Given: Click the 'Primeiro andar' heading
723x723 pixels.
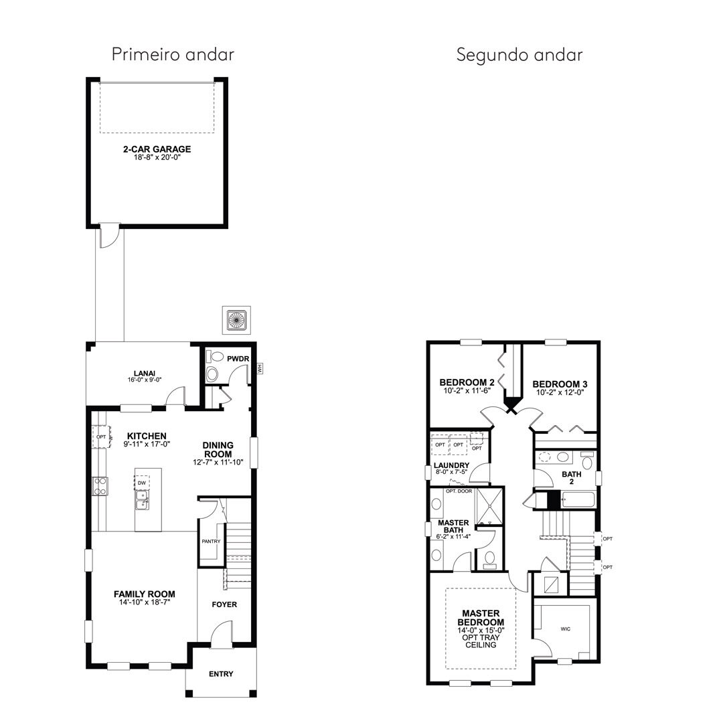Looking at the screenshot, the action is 173,54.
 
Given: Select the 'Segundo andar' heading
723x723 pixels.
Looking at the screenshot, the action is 519,55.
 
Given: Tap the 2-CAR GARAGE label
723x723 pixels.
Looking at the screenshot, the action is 157,149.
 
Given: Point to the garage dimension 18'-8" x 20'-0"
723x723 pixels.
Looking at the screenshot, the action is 157,157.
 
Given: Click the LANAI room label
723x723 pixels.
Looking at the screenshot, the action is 145,374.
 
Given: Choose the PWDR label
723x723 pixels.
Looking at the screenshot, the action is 238,359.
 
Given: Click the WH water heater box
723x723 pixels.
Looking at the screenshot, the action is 259,368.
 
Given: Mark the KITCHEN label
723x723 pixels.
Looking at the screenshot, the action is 147,436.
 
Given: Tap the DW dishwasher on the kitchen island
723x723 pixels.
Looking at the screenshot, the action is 141,483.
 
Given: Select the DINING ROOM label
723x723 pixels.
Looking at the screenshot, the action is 218,450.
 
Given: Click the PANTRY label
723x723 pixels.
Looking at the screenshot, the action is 211,542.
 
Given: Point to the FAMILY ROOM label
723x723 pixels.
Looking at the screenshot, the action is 145,594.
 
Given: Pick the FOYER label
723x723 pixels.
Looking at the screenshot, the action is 224,605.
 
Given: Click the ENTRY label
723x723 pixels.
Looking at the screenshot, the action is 221,674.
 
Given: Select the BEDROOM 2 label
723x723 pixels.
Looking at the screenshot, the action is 467,382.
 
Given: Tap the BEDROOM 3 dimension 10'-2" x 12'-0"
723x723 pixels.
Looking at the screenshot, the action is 560,392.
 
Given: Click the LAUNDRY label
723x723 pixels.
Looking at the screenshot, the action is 451,465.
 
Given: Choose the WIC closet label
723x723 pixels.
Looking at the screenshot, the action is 565,629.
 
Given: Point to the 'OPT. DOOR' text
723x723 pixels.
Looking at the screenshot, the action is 459,491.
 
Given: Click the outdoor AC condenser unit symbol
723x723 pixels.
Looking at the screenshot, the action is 236,319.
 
